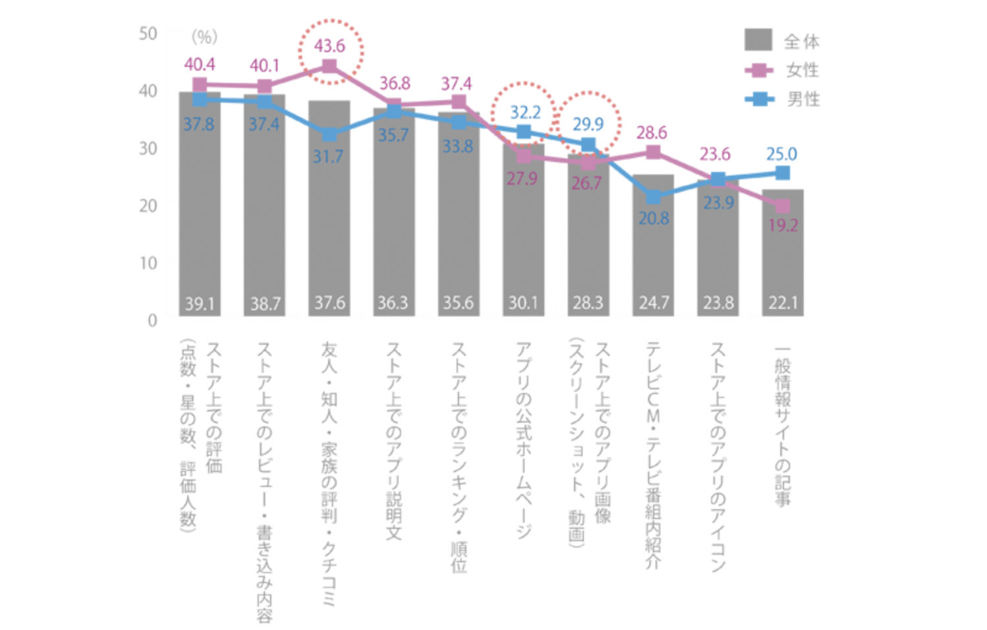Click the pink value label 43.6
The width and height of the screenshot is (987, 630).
329,46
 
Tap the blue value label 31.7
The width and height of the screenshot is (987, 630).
327,157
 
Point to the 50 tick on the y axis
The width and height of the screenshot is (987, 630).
148,34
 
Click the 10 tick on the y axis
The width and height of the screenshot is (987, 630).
148,263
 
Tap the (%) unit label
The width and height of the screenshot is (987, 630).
204,37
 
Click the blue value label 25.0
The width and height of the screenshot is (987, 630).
781,154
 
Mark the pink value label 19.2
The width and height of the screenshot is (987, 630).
783,226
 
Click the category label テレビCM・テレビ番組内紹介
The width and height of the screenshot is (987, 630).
653,455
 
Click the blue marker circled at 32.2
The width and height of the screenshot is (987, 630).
524,132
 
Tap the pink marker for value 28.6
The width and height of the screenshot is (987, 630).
653,152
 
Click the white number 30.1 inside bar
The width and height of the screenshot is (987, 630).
523,303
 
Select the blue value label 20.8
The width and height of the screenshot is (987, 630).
654,218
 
